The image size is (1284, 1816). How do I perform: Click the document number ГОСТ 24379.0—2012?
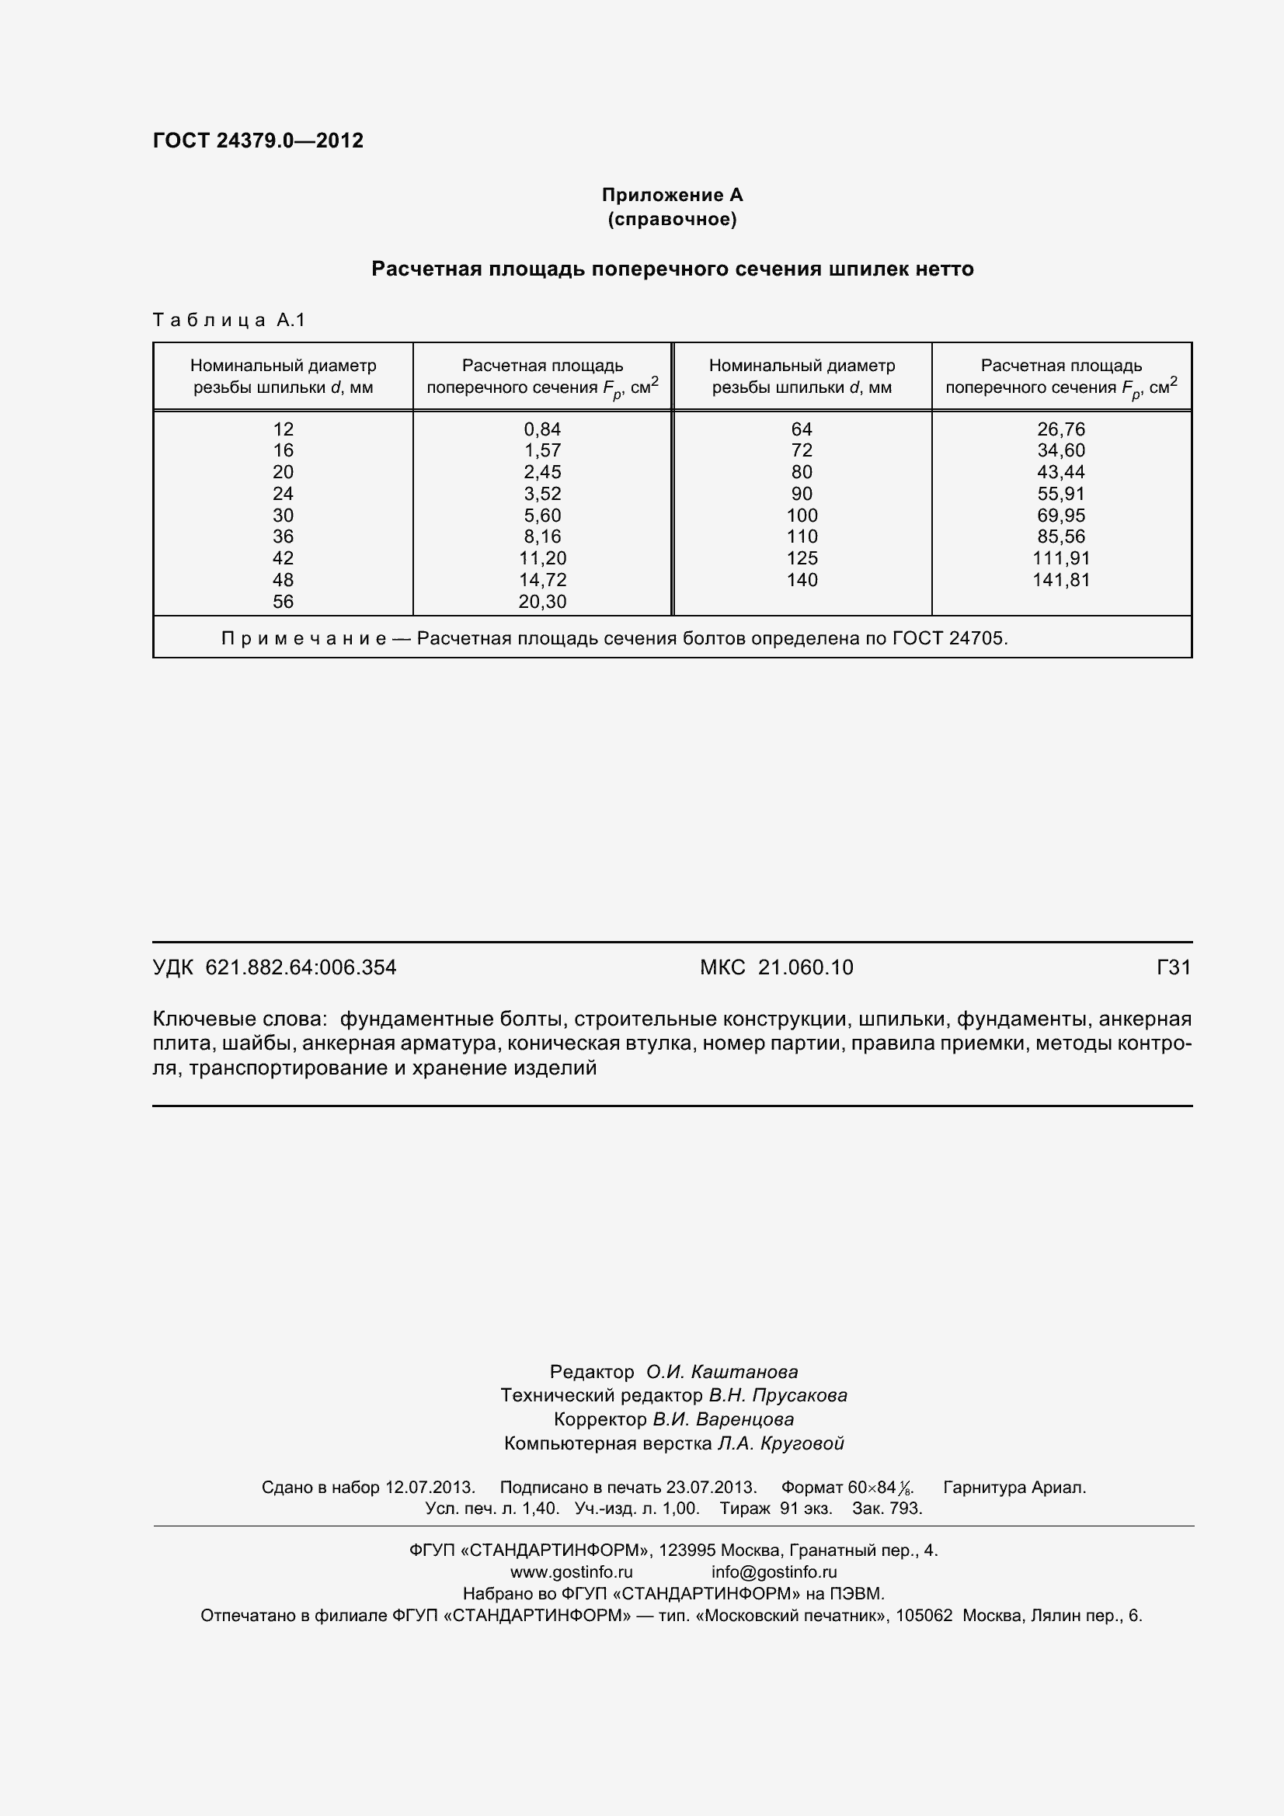pos(258,141)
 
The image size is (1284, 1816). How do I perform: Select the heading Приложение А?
pos(672,195)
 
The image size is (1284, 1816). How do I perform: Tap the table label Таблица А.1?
pos(228,320)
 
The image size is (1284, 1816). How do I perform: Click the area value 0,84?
pos(542,429)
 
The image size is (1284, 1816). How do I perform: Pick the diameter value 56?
pos(283,601)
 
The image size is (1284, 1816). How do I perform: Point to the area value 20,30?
pos(542,601)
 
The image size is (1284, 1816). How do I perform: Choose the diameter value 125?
pos(802,557)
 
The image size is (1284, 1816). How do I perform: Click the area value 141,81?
pos(1061,580)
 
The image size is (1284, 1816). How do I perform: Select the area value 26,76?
pos(1061,429)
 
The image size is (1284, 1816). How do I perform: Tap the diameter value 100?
pos(802,515)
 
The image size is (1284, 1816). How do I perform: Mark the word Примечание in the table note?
pos(304,638)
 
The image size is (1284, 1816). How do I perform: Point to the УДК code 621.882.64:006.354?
pos(301,967)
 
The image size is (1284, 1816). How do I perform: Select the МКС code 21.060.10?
pos(806,967)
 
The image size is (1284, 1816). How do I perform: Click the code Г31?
pos(1173,967)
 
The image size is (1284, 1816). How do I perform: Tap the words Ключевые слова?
pos(239,1019)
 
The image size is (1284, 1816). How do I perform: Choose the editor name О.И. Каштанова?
pos(722,1371)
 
